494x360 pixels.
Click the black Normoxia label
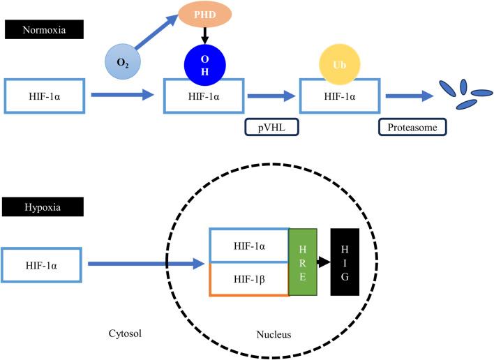[43, 29]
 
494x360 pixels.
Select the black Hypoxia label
[43, 207]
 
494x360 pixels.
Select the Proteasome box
[412, 128]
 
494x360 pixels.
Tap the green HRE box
[302, 262]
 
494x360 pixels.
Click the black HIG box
[345, 262]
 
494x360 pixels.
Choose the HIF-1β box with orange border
[249, 280]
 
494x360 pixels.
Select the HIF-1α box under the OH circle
[203, 96]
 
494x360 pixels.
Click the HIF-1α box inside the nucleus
[249, 245]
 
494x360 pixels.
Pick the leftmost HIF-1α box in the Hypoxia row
[43, 264]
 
